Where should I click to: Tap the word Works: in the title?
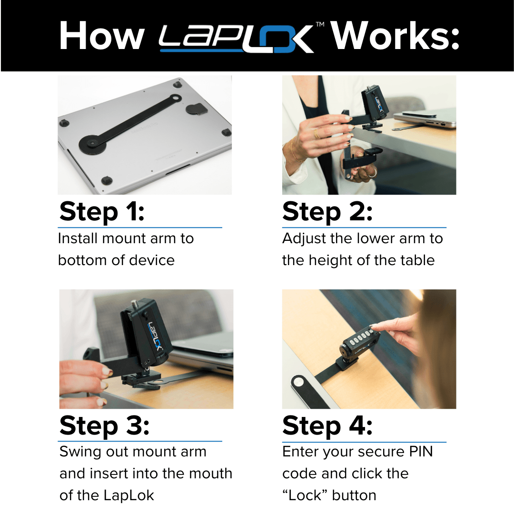[395, 36]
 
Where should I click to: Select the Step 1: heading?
[102, 212]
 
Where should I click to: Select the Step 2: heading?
[327, 212]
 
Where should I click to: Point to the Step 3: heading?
[104, 425]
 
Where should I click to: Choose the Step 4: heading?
[327, 425]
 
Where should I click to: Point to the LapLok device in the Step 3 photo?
[145, 333]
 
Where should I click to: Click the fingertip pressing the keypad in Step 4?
[376, 327]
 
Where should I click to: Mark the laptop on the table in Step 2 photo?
[424, 118]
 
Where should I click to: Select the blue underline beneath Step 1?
[140, 228]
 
